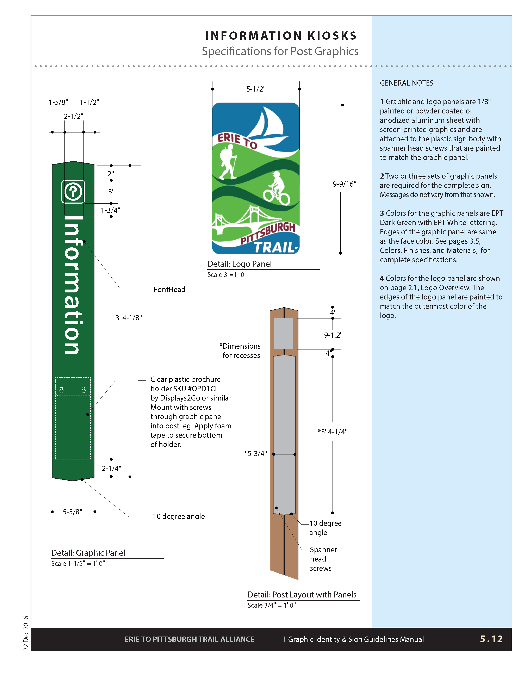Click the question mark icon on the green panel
click(73, 192)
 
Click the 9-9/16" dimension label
click(344, 184)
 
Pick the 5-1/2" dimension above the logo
click(256, 89)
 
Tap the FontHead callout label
click(169, 290)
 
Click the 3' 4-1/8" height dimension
click(129, 318)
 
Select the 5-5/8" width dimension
click(72, 511)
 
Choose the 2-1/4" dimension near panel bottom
click(111, 468)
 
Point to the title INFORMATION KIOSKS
click(281, 36)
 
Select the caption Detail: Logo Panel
click(240, 264)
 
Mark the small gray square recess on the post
click(283, 333)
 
